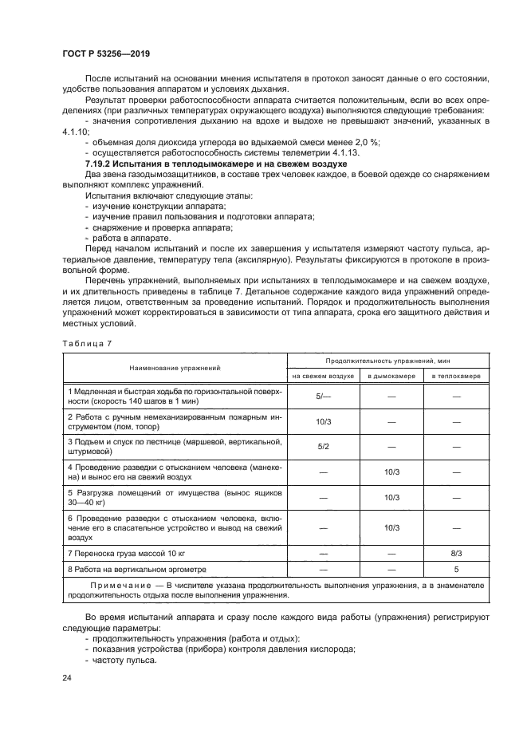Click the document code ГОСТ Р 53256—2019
point(106,53)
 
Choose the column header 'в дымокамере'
point(391,376)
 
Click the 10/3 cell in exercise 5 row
point(391,498)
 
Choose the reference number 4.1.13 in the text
point(317,152)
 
